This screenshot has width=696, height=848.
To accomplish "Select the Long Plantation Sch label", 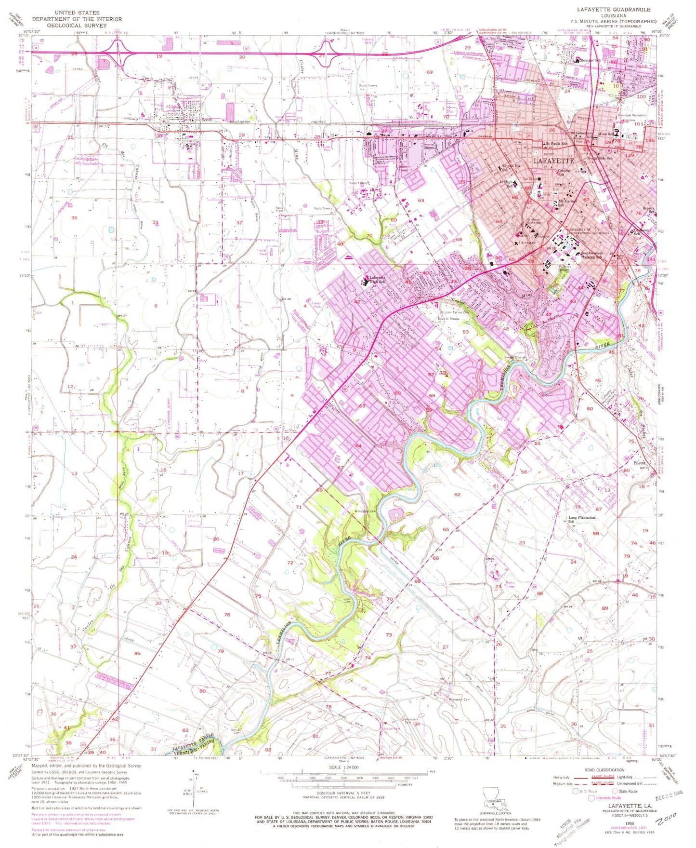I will pyautogui.click(x=582, y=519).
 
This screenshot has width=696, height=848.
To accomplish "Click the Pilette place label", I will pyautogui.click(x=640, y=463).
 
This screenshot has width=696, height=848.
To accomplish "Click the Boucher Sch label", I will pyautogui.click(x=591, y=60).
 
